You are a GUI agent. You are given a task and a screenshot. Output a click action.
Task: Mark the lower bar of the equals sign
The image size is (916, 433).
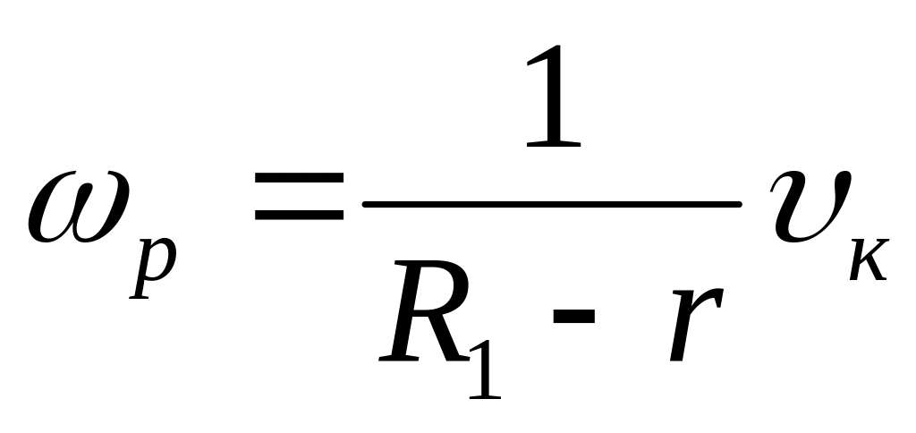coord(299,217)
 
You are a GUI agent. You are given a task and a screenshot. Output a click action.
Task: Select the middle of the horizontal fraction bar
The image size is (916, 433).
coord(552,205)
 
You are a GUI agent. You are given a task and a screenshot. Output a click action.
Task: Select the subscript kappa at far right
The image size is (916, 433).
coord(867,260)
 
